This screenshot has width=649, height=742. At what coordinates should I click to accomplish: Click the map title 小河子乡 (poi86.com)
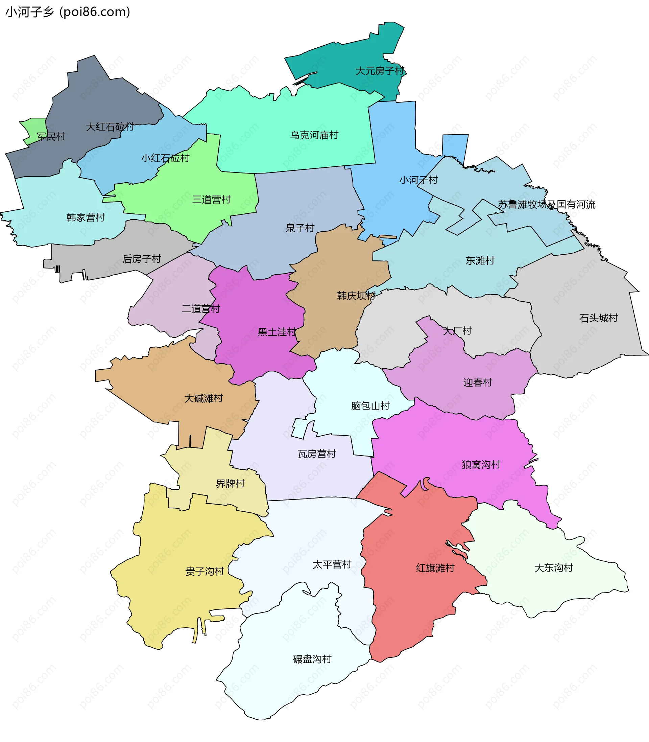(68, 12)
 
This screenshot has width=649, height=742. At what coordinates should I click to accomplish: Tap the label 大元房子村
(380, 71)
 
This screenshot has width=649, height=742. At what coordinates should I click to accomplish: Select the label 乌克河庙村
(314, 136)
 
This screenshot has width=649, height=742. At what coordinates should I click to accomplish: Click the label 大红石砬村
(110, 127)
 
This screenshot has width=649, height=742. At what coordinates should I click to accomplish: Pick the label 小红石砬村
(165, 158)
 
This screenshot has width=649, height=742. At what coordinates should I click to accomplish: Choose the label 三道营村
(211, 200)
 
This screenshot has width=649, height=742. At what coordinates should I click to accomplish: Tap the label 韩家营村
(86, 218)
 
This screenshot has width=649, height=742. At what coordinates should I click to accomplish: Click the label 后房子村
(142, 259)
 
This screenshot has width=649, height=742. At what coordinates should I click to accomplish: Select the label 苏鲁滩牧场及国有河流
(546, 205)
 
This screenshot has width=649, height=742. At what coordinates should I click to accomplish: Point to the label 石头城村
(598, 318)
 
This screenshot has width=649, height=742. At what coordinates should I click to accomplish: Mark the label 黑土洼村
(277, 332)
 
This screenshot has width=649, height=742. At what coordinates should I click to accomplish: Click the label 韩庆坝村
(356, 296)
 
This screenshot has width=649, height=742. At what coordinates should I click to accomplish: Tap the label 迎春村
(477, 382)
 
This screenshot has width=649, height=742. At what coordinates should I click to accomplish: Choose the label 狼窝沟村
(481, 464)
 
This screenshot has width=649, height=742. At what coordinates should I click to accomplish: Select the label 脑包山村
(370, 406)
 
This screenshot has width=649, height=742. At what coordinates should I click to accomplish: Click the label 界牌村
(230, 484)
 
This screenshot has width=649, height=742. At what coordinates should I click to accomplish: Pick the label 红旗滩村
(435, 568)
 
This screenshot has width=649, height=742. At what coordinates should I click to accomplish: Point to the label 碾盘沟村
(312, 659)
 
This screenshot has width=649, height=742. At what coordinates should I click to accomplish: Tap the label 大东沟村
(553, 568)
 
